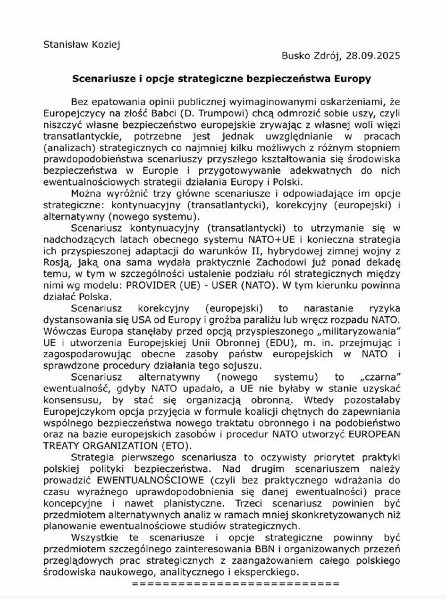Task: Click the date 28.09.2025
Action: [373, 56]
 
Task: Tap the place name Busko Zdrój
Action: [311, 56]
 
